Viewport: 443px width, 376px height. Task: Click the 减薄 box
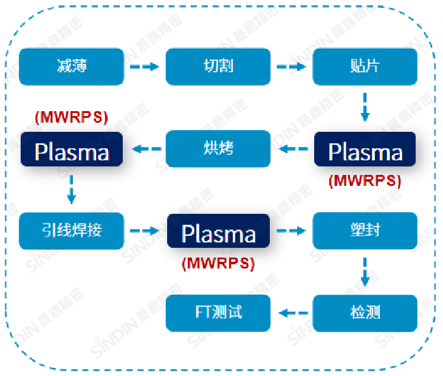pos(72,66)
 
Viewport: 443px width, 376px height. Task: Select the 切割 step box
pos(218,66)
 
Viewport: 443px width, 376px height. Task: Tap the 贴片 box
pos(365,66)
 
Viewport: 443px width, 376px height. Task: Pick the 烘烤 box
pos(218,149)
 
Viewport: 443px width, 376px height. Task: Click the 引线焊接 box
pos(72,231)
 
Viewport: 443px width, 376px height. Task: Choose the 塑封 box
pos(365,231)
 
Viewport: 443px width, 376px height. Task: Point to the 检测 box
pos(365,313)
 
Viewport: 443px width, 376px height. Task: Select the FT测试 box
pos(218,313)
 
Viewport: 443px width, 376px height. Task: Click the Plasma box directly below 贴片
pos(365,150)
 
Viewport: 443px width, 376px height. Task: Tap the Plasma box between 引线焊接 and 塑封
pos(218,233)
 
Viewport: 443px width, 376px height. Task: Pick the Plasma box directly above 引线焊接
pos(72,150)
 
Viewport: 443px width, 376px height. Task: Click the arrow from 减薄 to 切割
pos(145,66)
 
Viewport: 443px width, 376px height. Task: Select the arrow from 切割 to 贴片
pos(291,66)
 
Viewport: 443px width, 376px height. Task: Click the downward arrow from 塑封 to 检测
pos(365,272)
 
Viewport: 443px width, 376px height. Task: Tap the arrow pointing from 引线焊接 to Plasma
pos(145,231)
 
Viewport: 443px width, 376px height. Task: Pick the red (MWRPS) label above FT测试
pos(218,262)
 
